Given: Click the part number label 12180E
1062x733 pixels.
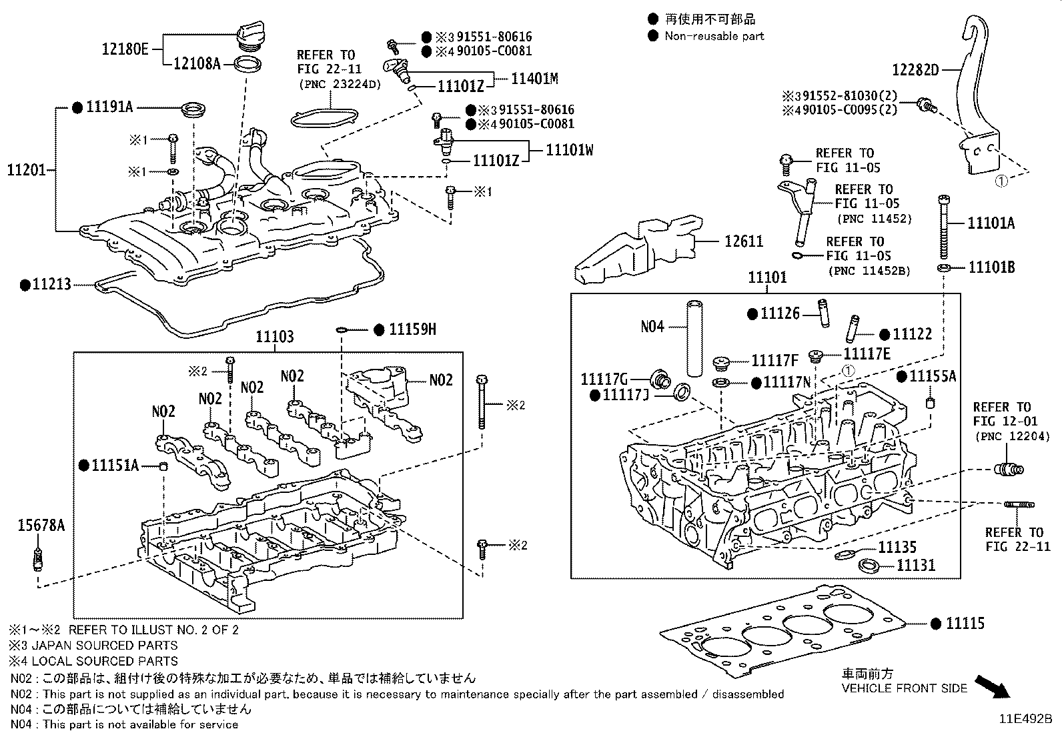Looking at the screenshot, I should click(126, 49).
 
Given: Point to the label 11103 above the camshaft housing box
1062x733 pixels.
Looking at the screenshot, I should click(274, 337).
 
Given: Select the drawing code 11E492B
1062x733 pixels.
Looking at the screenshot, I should click(1025, 720).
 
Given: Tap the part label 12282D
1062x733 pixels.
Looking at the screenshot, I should click(915, 69).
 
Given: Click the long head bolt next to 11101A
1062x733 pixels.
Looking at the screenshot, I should click(943, 227).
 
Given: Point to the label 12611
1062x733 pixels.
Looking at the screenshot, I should click(743, 241).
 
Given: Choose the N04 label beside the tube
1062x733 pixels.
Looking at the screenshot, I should click(652, 326).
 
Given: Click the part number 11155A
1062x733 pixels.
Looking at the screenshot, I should click(933, 376).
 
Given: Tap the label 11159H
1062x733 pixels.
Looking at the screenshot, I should click(412, 329).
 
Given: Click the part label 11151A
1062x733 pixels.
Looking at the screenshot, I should click(115, 465).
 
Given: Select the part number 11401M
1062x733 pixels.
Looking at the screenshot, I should click(534, 78).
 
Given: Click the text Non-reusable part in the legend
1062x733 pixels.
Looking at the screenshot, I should click(714, 36).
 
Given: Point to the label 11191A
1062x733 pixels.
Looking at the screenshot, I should click(109, 106).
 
